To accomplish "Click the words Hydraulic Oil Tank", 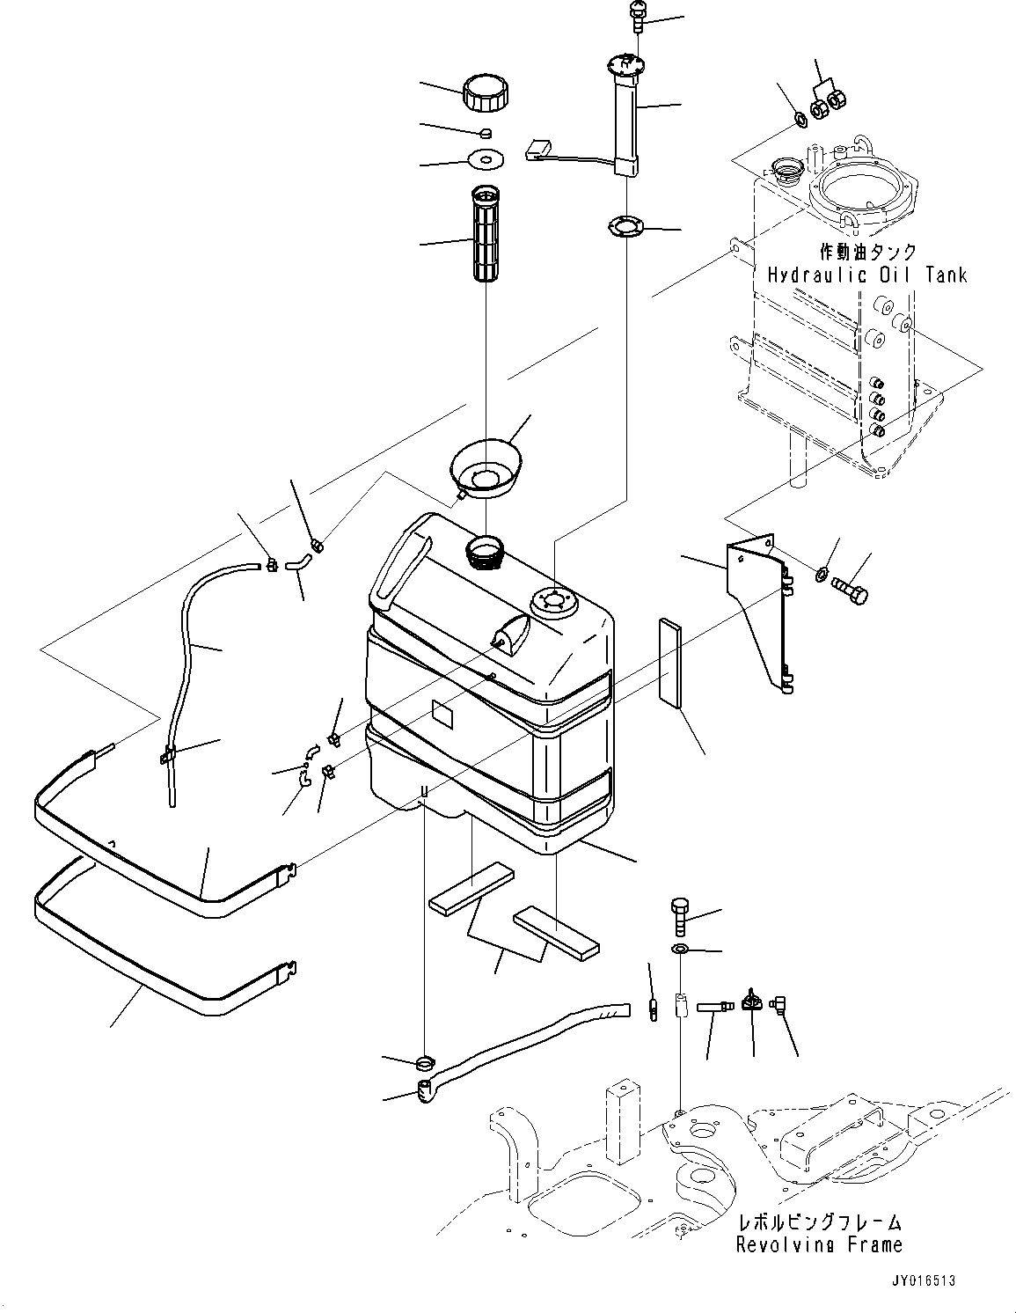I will (x=866, y=275).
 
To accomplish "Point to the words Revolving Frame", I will (x=818, y=1245).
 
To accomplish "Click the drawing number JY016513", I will (x=916, y=1281).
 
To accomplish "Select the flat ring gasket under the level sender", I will (x=626, y=226).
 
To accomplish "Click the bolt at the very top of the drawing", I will (x=637, y=17).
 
